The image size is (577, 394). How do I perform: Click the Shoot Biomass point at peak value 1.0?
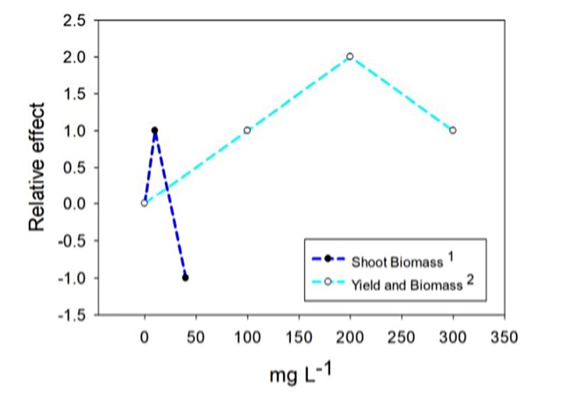pyautogui.click(x=155, y=130)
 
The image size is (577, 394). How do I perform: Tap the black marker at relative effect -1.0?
pyautogui.click(x=185, y=277)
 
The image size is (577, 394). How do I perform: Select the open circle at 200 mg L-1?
pyautogui.click(x=350, y=56)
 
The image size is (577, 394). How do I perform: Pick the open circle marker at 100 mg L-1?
pyautogui.click(x=247, y=130)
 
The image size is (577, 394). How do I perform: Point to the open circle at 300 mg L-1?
pyautogui.click(x=453, y=130)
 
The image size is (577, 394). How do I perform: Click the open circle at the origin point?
pyautogui.click(x=144, y=203)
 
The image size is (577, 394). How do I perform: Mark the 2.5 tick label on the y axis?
pyautogui.click(x=73, y=20)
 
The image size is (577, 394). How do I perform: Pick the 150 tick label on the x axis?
pyautogui.click(x=298, y=337)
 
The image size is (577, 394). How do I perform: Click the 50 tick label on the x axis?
pyautogui.click(x=196, y=337)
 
